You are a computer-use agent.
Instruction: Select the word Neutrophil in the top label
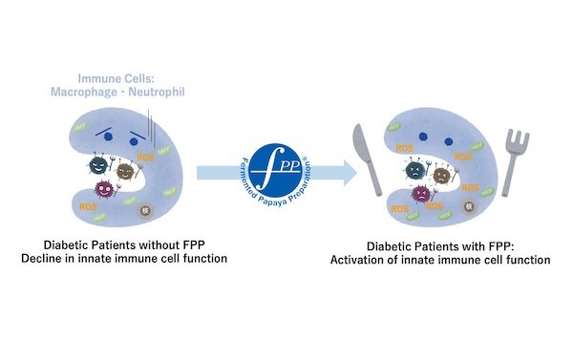pos(180,92)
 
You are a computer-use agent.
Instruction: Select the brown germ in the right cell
pos(443,174)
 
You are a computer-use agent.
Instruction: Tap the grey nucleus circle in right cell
pos(469,205)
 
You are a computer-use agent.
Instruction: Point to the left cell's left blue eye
pos(105,130)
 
